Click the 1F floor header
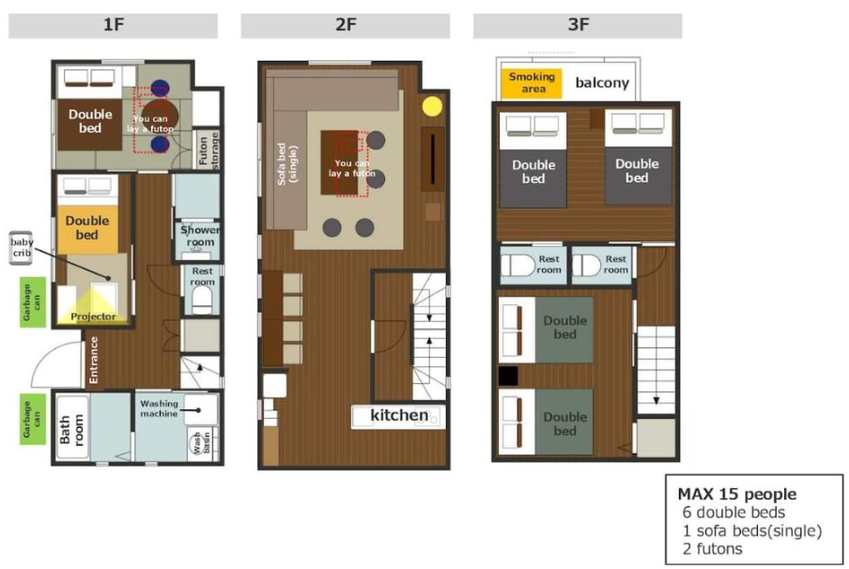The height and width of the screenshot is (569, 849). [x=113, y=25]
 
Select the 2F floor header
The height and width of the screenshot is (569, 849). [x=346, y=25]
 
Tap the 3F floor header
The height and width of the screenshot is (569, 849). [x=578, y=25]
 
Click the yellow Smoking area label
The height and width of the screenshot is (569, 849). [x=532, y=83]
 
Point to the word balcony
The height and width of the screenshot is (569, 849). [x=602, y=83]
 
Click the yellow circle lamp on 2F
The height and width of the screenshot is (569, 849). [x=431, y=106]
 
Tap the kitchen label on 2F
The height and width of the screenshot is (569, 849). [x=399, y=415]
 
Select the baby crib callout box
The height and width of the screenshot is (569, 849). [x=21, y=248]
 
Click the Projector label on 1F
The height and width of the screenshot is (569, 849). [x=93, y=316]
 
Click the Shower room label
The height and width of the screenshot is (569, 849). [x=200, y=236]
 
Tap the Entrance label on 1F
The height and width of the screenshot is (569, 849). [x=94, y=360]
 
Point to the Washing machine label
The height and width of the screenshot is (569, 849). [x=159, y=408]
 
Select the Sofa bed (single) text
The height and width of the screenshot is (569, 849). [x=287, y=164]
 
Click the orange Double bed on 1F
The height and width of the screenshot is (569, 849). [x=87, y=228]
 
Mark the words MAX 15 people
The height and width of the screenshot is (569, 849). [x=737, y=494]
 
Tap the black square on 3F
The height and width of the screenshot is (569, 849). [x=508, y=376]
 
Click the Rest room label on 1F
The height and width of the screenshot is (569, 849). [x=203, y=276]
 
